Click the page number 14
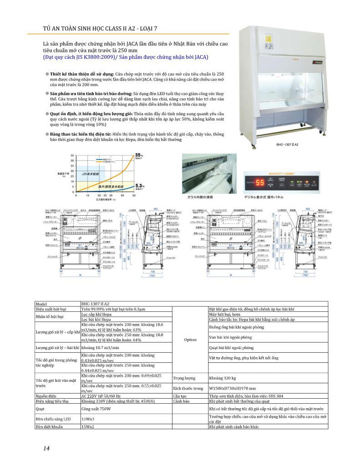point(46,448)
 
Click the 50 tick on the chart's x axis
point(134,195)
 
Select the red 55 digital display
point(260,183)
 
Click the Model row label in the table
point(41,304)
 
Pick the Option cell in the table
point(190,339)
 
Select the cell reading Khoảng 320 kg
point(223,378)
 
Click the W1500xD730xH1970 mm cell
point(232,388)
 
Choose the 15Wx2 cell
point(87,426)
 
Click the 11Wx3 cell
point(87,419)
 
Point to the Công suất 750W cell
point(96,409)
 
